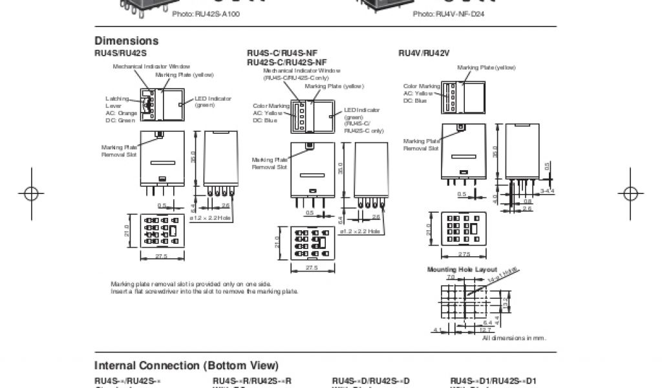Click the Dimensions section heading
127,41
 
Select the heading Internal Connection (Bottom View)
187,365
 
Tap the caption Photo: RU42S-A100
206,14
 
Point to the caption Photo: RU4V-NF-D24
449,14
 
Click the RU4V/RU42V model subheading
419,53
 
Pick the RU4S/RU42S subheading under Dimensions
121,53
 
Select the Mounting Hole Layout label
462,269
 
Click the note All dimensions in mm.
515,338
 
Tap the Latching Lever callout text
117,102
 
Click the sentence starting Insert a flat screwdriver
205,292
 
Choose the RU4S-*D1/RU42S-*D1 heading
493,380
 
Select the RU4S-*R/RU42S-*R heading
252,380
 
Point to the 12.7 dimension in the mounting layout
467,330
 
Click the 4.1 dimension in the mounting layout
437,330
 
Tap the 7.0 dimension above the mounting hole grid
451,277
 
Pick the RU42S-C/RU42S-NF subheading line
286,62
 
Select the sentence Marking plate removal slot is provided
191,284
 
